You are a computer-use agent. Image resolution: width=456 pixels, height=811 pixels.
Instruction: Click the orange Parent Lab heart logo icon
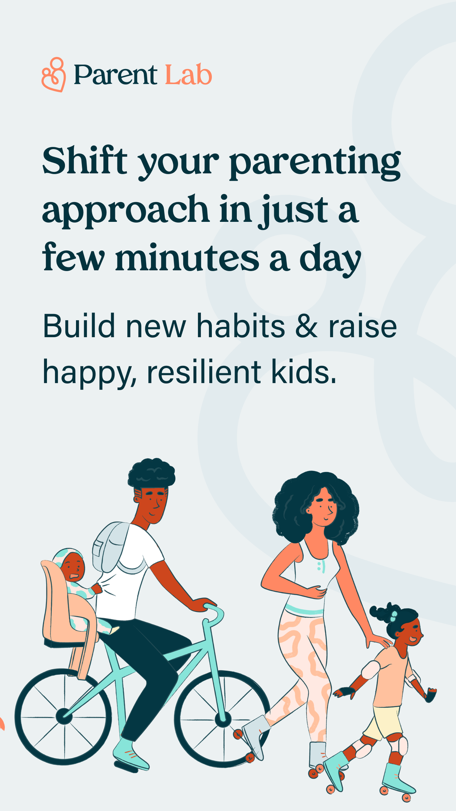[x=54, y=75]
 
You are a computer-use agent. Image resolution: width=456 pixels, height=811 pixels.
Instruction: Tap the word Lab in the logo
[x=188, y=75]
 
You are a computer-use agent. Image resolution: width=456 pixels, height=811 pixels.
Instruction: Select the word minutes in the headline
[x=187, y=259]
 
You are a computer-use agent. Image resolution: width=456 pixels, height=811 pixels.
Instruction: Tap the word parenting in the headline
[x=315, y=163]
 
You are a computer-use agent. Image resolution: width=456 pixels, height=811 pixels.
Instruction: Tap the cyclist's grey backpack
[x=110, y=546]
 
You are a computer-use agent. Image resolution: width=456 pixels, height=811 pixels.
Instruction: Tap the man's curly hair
[x=151, y=474]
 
